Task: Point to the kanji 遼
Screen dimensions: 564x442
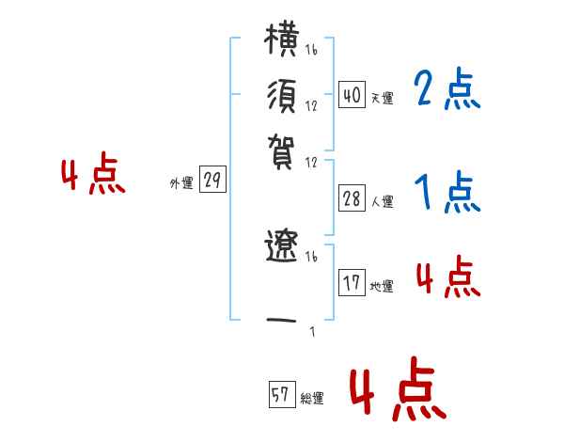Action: (x=283, y=248)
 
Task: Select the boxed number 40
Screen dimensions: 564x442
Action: (x=351, y=95)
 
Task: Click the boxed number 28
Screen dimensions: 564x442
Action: (x=351, y=198)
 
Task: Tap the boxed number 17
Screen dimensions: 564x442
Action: (x=351, y=283)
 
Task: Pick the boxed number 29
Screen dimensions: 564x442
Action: (x=213, y=182)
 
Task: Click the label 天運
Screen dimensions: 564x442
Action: (x=382, y=98)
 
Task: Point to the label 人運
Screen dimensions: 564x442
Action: (x=382, y=201)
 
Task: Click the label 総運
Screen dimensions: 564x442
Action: (x=312, y=399)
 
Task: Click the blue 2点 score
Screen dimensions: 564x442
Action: (x=446, y=91)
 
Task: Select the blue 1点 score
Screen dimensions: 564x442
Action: (x=446, y=194)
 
